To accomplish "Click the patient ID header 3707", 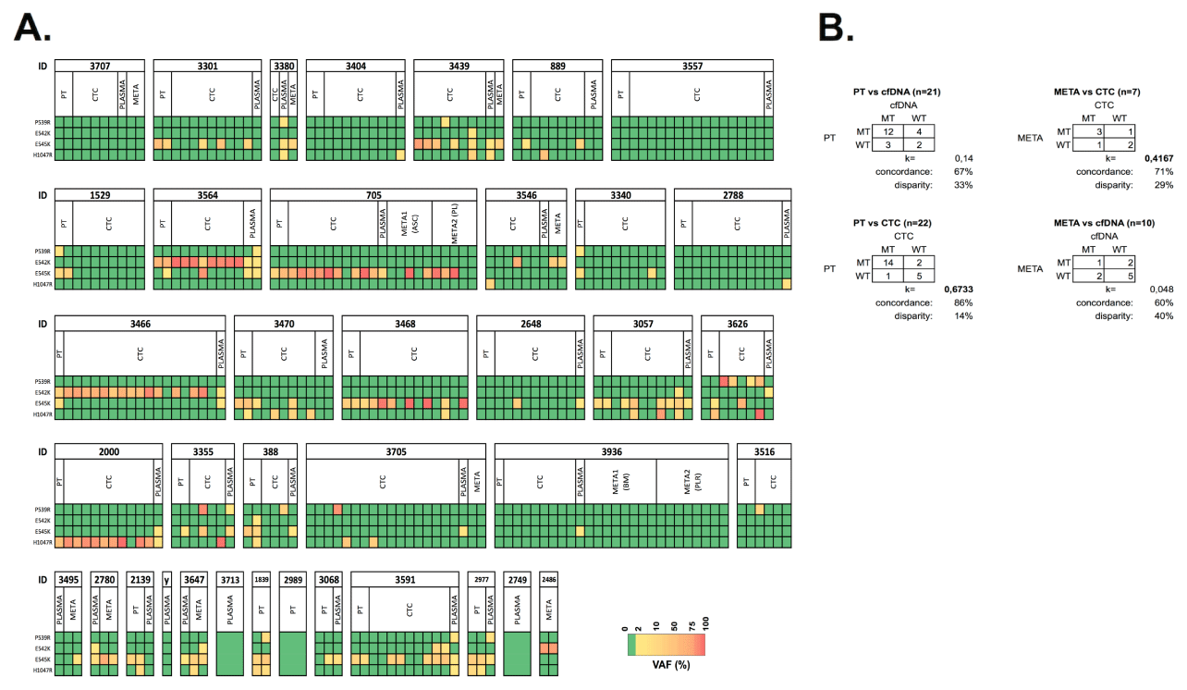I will [99, 66].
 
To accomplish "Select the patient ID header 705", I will [373, 195].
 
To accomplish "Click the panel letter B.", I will [844, 30].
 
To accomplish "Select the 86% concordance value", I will [964, 302].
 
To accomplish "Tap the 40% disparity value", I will [1165, 315].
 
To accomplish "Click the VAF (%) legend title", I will [666, 664].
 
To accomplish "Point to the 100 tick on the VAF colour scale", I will [704, 628].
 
